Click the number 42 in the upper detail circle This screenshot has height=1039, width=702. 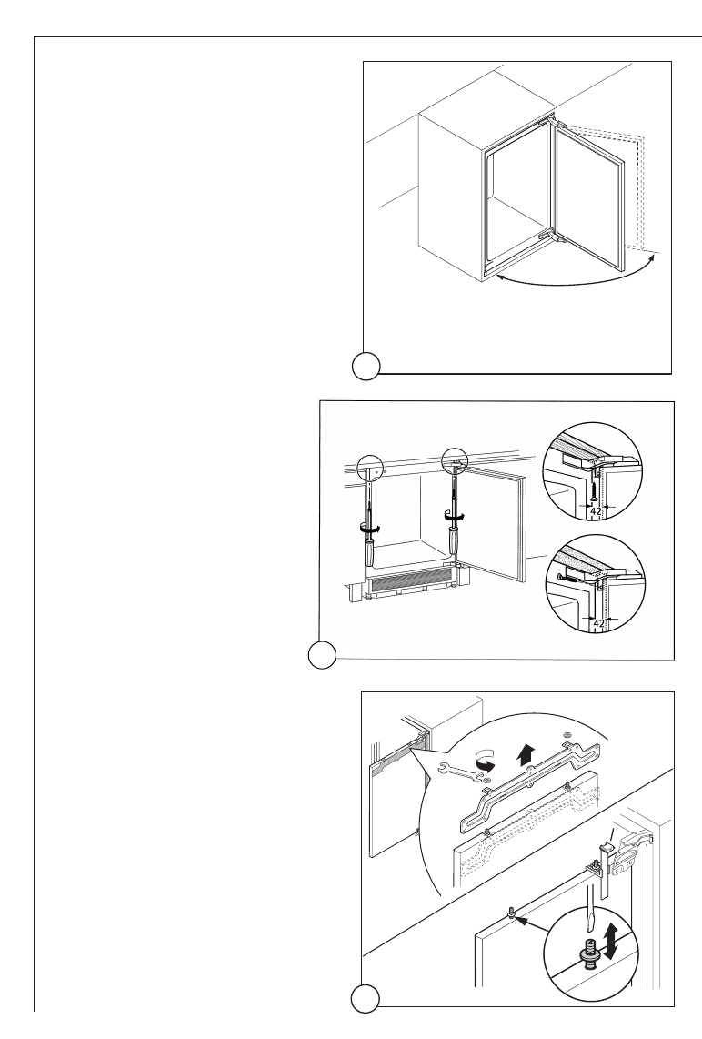pyautogui.click(x=595, y=512)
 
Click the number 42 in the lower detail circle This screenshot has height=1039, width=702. pyautogui.click(x=596, y=624)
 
